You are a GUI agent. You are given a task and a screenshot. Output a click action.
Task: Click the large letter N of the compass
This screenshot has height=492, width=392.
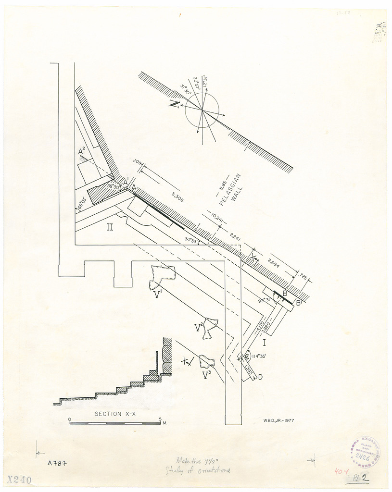point(175,104)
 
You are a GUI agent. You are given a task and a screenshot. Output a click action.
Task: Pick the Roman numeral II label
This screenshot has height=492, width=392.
point(110,227)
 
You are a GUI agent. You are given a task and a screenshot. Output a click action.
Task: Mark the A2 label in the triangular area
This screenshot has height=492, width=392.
point(82,152)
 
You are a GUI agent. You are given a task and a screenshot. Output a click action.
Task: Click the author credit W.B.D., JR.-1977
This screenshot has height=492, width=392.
point(279,420)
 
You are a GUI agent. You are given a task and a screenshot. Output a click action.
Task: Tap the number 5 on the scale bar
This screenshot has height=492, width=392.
point(160,419)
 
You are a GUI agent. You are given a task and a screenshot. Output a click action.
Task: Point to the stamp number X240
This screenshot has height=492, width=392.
point(20,480)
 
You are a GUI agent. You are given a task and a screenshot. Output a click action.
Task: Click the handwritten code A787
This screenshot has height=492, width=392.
point(56,464)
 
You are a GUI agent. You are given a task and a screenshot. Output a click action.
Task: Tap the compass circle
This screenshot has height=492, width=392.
point(202,110)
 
